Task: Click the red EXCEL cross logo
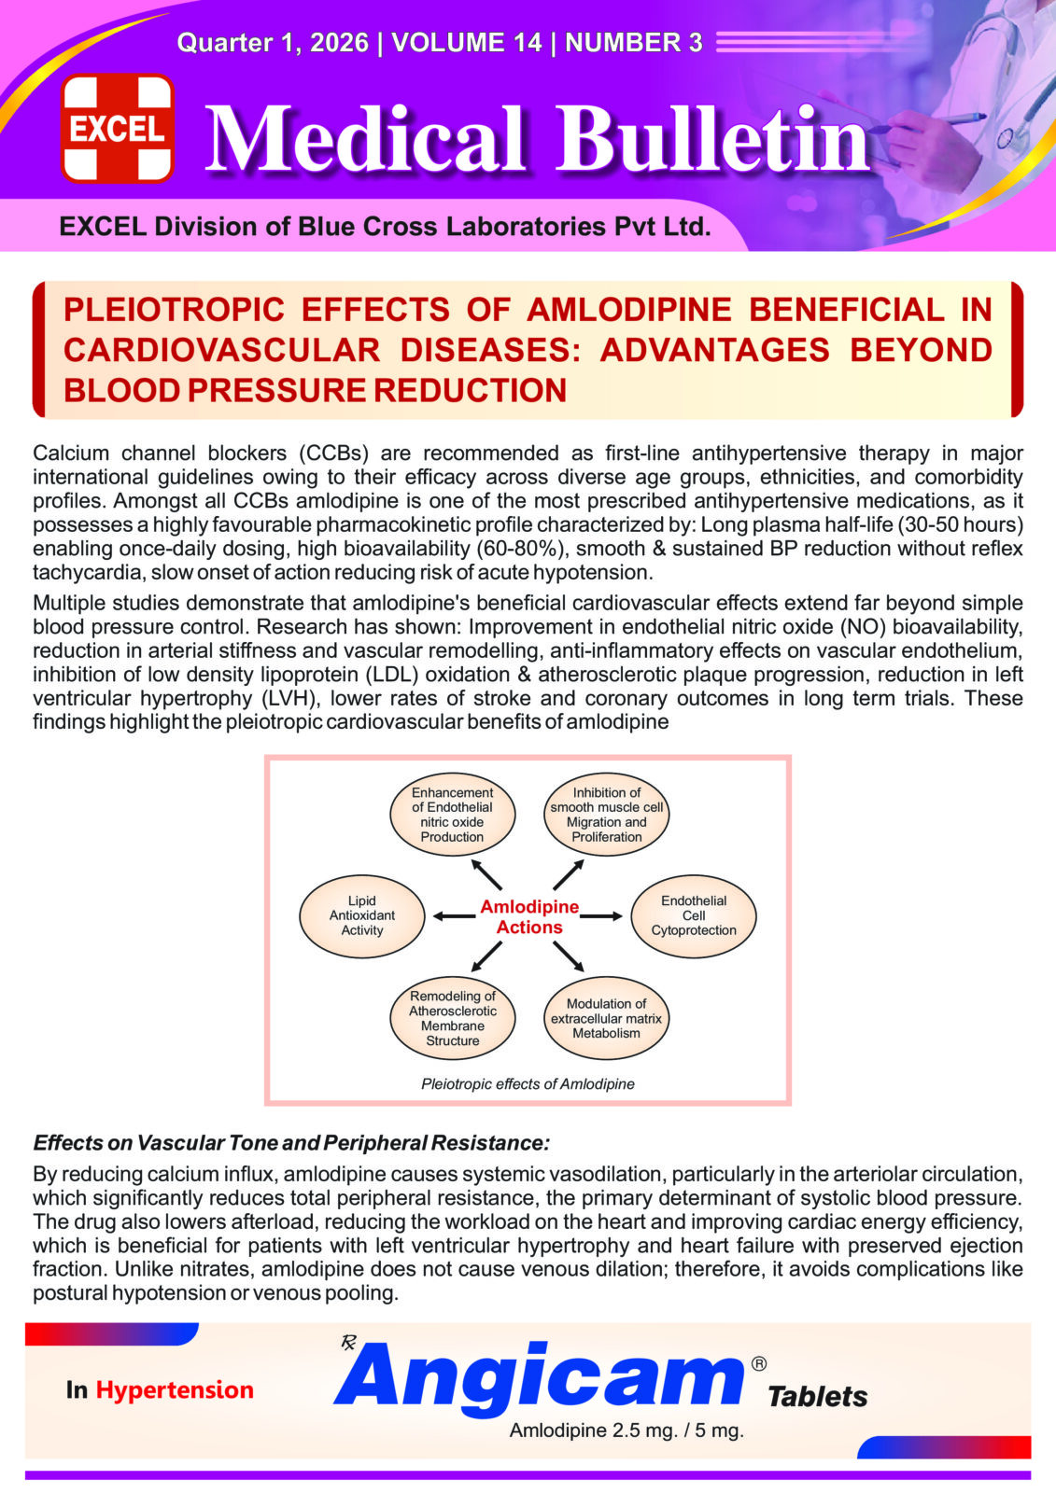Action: [x=118, y=128]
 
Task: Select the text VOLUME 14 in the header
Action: [x=467, y=43]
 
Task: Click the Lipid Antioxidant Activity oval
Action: [x=362, y=916]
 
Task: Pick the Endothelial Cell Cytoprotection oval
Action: [x=694, y=916]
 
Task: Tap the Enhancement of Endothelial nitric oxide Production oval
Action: [x=452, y=815]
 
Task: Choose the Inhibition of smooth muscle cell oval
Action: [x=607, y=815]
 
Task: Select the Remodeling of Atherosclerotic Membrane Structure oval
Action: [x=452, y=1018]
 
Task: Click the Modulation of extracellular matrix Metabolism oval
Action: [x=607, y=1018]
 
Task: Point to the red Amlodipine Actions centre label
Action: [x=529, y=916]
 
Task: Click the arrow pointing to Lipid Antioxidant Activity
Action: [x=455, y=916]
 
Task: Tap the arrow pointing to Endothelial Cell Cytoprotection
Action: [x=601, y=916]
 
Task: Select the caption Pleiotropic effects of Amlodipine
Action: [x=528, y=1084]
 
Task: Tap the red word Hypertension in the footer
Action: [x=175, y=1390]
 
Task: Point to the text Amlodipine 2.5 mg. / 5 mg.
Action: [x=627, y=1430]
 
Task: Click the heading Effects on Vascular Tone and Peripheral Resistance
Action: [x=291, y=1143]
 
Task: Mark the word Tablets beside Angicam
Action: [x=817, y=1397]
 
